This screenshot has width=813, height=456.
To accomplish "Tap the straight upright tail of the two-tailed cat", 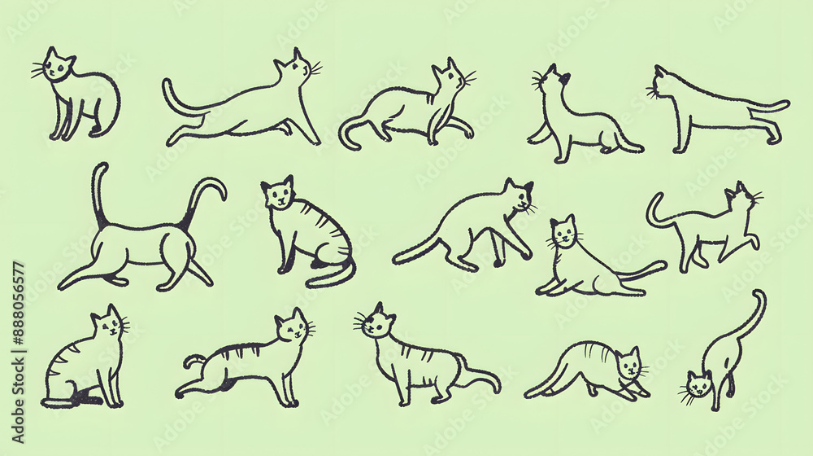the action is click(99, 195).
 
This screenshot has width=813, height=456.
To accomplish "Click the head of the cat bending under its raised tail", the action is click(698, 385).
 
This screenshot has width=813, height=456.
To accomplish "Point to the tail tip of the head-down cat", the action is click(759, 293).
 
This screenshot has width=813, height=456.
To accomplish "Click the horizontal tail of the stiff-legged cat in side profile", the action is click(767, 107).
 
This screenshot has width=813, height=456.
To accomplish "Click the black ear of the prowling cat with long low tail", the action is click(528, 187).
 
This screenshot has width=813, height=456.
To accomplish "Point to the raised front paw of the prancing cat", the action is click(755, 241).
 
